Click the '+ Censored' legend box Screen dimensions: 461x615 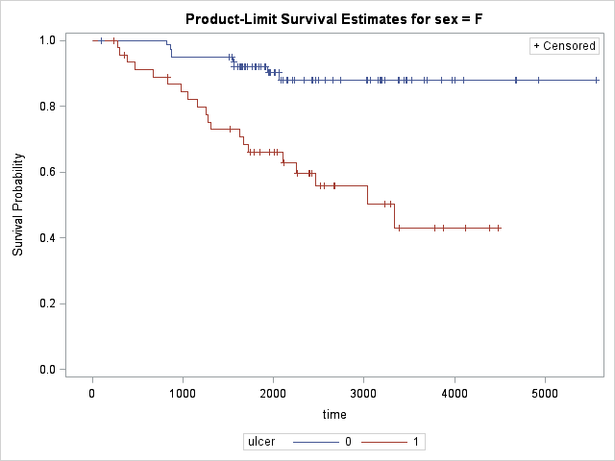pos(565,46)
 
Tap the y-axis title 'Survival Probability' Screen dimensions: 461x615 pos(18,206)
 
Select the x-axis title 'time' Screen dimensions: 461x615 pos(333,414)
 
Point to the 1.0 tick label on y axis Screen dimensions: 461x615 pos(45,40)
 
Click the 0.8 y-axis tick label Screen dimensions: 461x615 pos(45,107)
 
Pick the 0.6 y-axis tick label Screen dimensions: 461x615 pos(45,172)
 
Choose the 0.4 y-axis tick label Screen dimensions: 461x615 pos(45,238)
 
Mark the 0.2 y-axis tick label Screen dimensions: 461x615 pos(45,303)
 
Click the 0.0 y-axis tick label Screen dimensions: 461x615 pos(45,370)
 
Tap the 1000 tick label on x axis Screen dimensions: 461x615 pos(183,393)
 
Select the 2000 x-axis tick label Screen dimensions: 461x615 pos(273,393)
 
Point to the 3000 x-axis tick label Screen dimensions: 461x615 pos(363,393)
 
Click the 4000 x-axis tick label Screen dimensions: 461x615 pos(455,393)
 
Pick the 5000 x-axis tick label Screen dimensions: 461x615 pos(545,393)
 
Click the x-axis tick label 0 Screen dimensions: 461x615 pos(92,393)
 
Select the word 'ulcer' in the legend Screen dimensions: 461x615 pos(261,442)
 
